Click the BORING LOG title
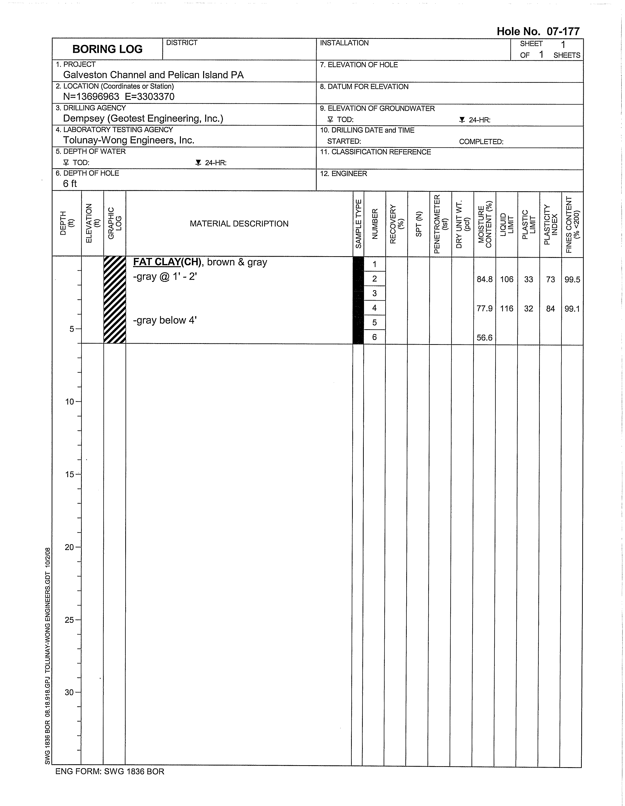(x=107, y=49)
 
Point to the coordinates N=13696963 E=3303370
(x=119, y=97)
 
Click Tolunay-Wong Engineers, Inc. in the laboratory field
(x=129, y=140)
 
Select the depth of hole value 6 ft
(x=70, y=184)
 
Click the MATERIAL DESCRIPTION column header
(x=239, y=224)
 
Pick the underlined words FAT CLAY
(x=157, y=262)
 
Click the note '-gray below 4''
(x=165, y=320)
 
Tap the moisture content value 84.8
(x=484, y=279)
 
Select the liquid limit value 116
(x=507, y=308)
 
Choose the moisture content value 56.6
(x=484, y=338)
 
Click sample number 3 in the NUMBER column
(x=375, y=293)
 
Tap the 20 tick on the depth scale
(x=70, y=547)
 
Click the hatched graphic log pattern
(x=115, y=300)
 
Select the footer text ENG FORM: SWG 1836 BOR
(x=110, y=772)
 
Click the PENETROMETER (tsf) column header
(x=440, y=224)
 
